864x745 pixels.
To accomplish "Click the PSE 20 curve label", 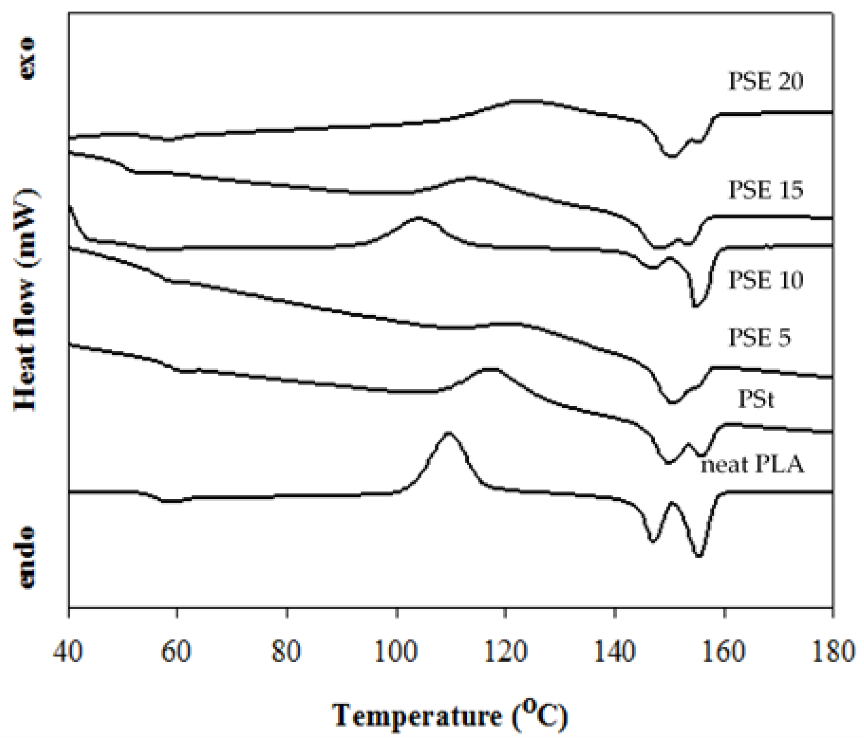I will [766, 81].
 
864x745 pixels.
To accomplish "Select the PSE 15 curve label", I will [766, 190].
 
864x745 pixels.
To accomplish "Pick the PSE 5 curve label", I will [759, 337].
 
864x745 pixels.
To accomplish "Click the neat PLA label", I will [753, 465].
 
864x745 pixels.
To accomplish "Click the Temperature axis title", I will [450, 716].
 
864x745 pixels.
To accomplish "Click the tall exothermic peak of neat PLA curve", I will [449, 433].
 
